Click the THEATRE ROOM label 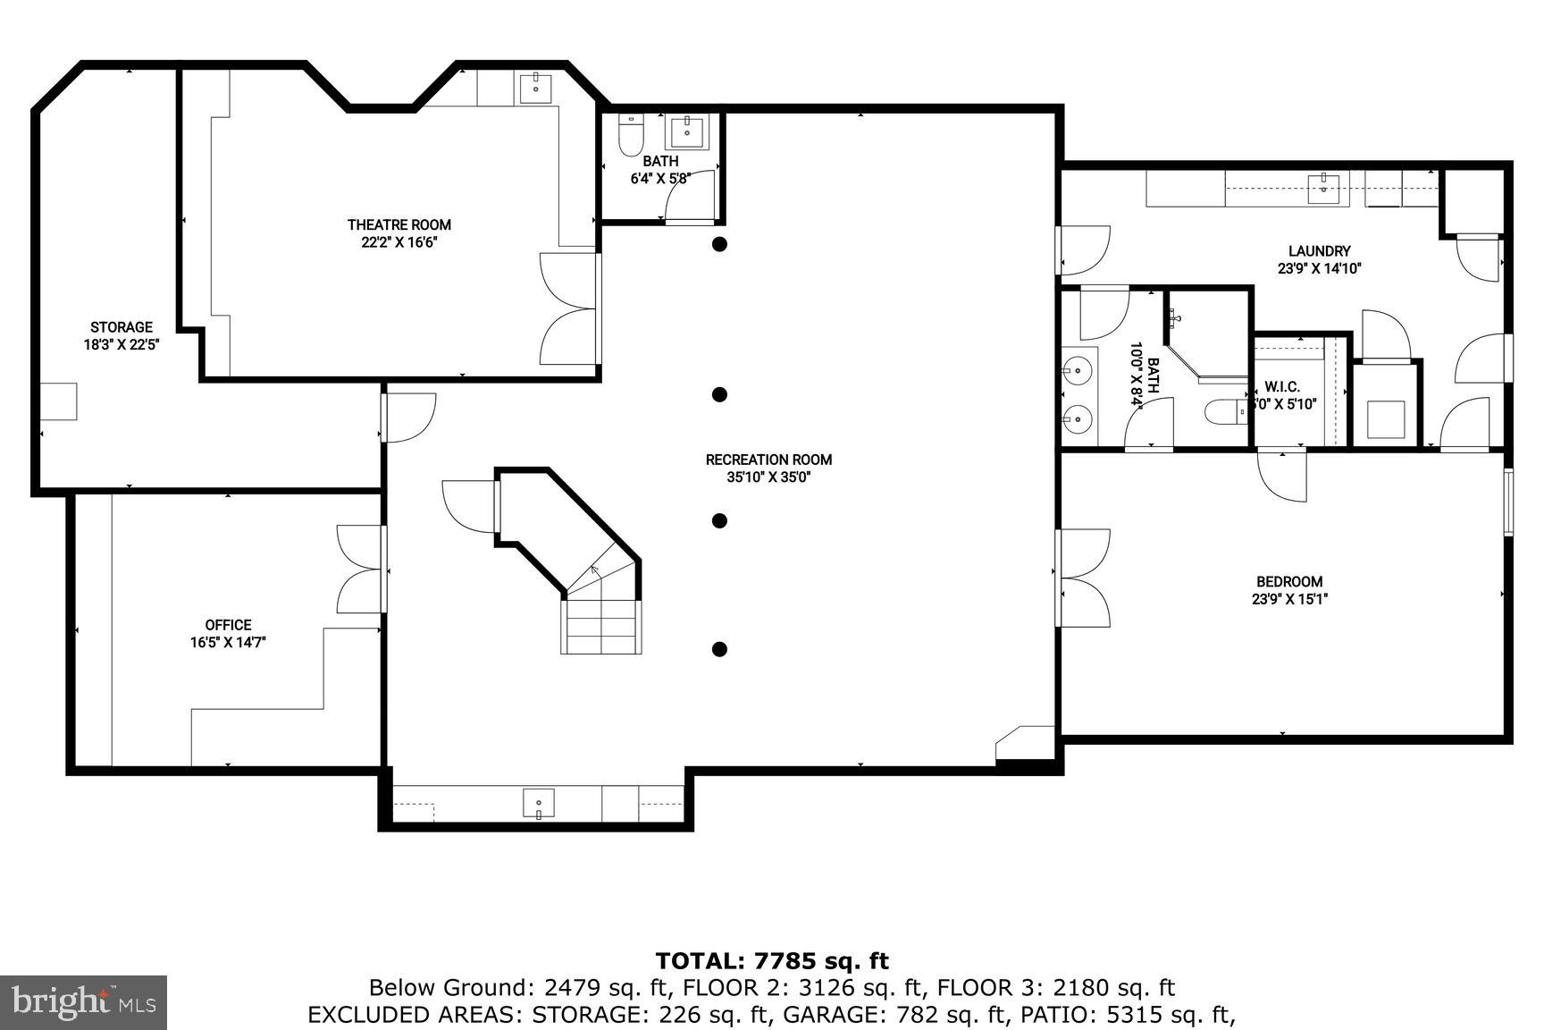(399, 225)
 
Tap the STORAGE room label (121, 327)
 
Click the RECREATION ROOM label (768, 460)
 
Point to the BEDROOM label (1288, 581)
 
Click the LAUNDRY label (1319, 251)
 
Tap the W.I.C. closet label (1281, 387)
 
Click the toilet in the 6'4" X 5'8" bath (631, 133)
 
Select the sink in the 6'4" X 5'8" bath (686, 131)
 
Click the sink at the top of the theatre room (536, 88)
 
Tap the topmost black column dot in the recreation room (719, 244)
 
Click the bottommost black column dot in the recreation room (719, 649)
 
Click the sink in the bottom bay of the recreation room (538, 803)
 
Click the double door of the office (362, 569)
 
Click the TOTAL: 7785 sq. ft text (772, 961)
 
